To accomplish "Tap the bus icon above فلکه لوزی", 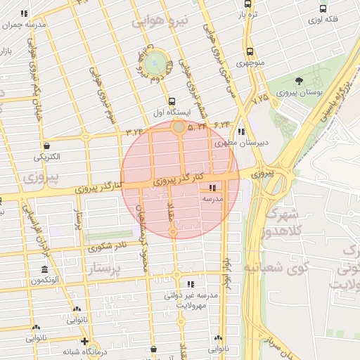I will click(x=323, y=9).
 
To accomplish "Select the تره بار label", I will click(x=252, y=13).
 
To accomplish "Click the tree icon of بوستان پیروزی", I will click(x=300, y=81).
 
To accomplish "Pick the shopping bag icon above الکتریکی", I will click(x=46, y=146).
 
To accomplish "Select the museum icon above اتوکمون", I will click(x=45, y=271).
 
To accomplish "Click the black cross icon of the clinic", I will click(x=84, y=342).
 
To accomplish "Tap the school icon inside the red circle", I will click(x=213, y=188).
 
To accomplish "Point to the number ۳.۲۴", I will click(x=134, y=131).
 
